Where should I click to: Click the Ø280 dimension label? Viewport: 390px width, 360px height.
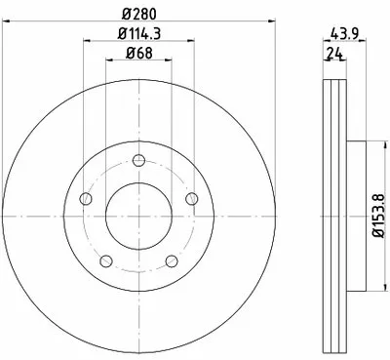139,14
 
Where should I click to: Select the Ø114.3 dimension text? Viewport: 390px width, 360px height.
139,33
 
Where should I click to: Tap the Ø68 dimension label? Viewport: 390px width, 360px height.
138,53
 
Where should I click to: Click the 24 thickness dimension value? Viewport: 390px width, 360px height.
334,53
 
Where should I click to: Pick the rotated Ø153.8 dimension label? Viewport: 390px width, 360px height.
379,216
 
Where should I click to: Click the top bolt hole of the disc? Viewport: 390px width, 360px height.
138,160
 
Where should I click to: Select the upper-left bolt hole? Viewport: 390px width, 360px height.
86,198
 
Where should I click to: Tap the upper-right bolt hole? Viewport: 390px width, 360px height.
192,198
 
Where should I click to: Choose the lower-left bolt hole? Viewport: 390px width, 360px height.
106,260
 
